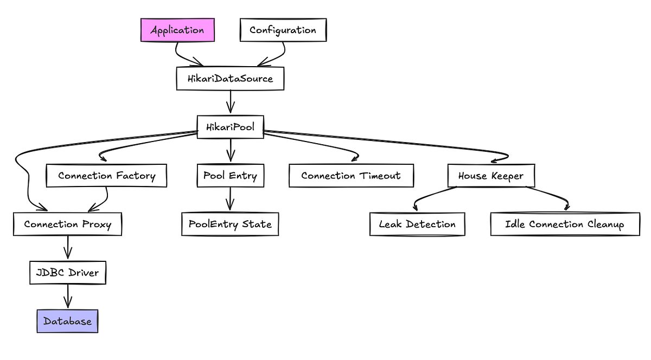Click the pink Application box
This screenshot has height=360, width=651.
177,30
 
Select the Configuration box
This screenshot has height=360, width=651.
283,30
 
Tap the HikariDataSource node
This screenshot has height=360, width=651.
230,79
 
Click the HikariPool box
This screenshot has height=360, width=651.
230,127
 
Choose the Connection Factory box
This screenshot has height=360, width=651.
106,176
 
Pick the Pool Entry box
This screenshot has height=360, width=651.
230,176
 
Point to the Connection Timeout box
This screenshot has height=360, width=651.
351,176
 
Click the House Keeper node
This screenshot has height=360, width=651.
491,176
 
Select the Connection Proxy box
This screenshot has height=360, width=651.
67,224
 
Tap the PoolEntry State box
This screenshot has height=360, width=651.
230,224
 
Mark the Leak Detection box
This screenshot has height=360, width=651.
417,224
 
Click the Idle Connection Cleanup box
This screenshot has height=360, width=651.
564,224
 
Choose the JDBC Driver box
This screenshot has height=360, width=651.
67,272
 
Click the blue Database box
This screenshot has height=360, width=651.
67,322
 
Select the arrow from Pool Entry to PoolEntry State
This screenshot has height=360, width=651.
230,200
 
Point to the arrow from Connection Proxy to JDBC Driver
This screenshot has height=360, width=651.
67,248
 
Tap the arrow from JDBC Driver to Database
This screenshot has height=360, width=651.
67,297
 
